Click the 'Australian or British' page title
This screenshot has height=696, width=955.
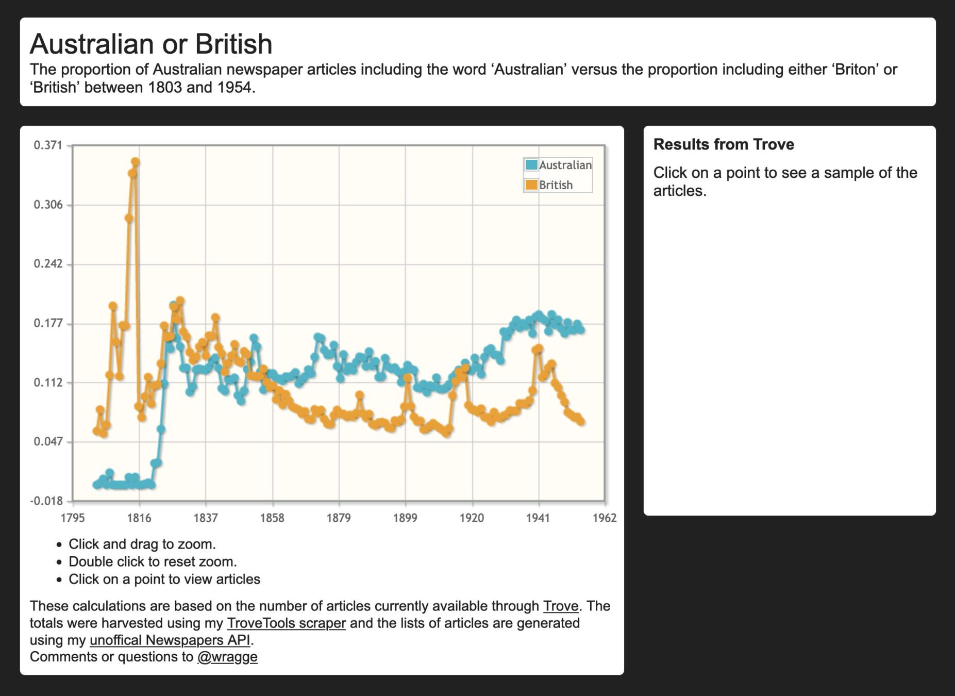pyautogui.click(x=151, y=44)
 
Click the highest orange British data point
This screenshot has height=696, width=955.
pyautogui.click(x=136, y=162)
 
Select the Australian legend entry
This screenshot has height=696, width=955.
pyautogui.click(x=559, y=165)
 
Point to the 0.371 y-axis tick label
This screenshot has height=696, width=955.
pyautogui.click(x=48, y=145)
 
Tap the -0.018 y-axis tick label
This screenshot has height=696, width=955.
pyautogui.click(x=46, y=501)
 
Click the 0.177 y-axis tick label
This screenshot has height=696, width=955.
pyautogui.click(x=48, y=323)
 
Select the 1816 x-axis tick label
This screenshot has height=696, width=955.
pyautogui.click(x=139, y=518)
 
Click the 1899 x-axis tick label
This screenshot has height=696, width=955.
pyautogui.click(x=405, y=518)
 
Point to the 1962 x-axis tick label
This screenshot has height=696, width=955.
pyautogui.click(x=605, y=518)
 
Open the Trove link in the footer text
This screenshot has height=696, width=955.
pyautogui.click(x=561, y=606)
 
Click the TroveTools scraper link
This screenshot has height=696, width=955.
pyautogui.click(x=286, y=623)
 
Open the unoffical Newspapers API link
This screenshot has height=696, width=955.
pyautogui.click(x=170, y=640)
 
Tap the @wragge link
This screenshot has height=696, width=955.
pyautogui.click(x=227, y=657)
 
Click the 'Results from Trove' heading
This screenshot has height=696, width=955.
pyautogui.click(x=724, y=144)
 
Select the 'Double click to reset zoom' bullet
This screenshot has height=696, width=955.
pyautogui.click(x=153, y=561)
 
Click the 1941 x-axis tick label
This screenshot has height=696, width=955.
pyautogui.click(x=538, y=518)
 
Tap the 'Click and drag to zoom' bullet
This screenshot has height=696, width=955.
pyautogui.click(x=142, y=544)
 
